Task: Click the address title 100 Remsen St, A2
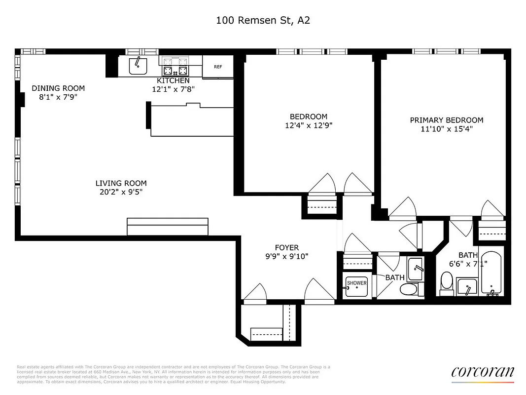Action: pyautogui.click(x=263, y=20)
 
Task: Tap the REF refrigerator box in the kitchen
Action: pyautogui.click(x=217, y=67)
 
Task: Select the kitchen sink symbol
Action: pyautogui.click(x=138, y=65)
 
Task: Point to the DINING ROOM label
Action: pyautogui.click(x=58, y=88)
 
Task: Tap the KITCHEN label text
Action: pyautogui.click(x=173, y=80)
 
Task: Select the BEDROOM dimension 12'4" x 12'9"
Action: pyautogui.click(x=309, y=125)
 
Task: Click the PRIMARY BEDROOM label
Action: pyautogui.click(x=447, y=120)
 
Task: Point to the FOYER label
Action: pyautogui.click(x=287, y=247)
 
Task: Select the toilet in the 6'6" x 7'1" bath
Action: pyautogui.click(x=447, y=283)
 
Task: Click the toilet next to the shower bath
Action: pyautogui.click(x=408, y=289)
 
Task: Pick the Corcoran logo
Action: pyautogui.click(x=483, y=372)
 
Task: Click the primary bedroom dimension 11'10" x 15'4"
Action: pyautogui.click(x=447, y=129)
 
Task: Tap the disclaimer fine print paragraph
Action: pyautogui.click(x=173, y=374)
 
